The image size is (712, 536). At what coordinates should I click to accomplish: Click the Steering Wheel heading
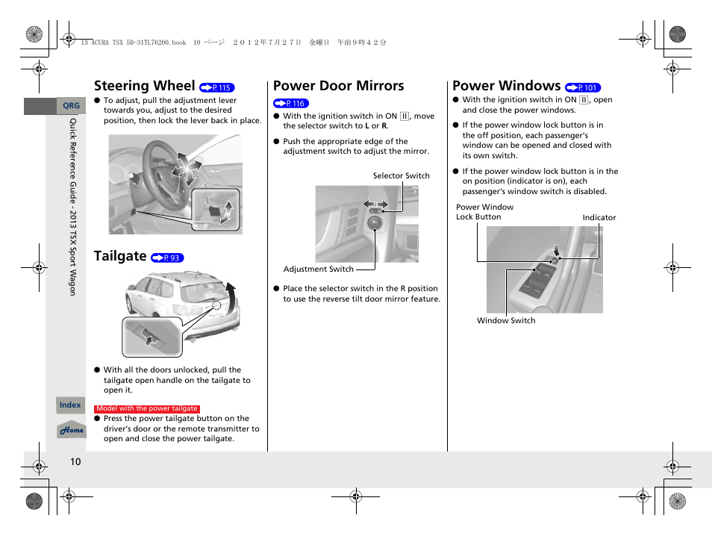tap(144, 86)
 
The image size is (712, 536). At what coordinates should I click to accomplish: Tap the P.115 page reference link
tap(217, 87)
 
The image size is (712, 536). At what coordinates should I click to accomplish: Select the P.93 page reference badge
tap(167, 258)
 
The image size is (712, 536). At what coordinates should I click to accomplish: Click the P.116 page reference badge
tap(291, 104)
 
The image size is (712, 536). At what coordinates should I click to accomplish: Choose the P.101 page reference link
tap(583, 87)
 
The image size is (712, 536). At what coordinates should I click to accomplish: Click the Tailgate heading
tap(120, 256)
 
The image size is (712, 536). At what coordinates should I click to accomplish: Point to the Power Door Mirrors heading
tap(339, 86)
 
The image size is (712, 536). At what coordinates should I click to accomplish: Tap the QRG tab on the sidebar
tap(71, 106)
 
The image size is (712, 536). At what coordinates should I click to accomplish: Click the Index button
tap(70, 405)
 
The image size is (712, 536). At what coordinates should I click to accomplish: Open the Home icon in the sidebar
tap(72, 431)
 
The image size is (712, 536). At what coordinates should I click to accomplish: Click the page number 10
tap(75, 462)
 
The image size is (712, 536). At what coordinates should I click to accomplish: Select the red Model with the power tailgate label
tap(147, 409)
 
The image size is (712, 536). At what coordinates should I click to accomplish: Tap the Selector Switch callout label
tap(401, 176)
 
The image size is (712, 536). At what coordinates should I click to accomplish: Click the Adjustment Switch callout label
tap(319, 269)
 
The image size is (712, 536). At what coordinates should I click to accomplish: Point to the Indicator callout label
tap(599, 218)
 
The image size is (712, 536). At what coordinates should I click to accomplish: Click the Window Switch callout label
tap(506, 321)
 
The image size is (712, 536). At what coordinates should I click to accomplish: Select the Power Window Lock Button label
tap(484, 212)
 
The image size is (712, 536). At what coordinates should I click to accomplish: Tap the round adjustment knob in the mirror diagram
tap(375, 222)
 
